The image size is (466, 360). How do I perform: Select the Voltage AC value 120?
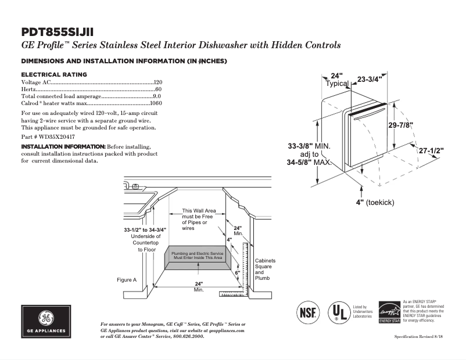point(157,83)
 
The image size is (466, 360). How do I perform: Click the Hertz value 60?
point(159,89)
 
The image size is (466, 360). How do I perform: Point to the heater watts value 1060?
point(156,103)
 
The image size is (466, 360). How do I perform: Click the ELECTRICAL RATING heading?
point(54,74)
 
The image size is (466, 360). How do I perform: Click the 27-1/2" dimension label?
point(431,150)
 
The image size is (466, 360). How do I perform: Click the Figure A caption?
point(127,280)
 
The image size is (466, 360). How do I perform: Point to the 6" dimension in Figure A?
point(237,272)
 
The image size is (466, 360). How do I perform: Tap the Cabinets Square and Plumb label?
point(265,269)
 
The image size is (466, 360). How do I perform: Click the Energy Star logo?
point(389,312)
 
